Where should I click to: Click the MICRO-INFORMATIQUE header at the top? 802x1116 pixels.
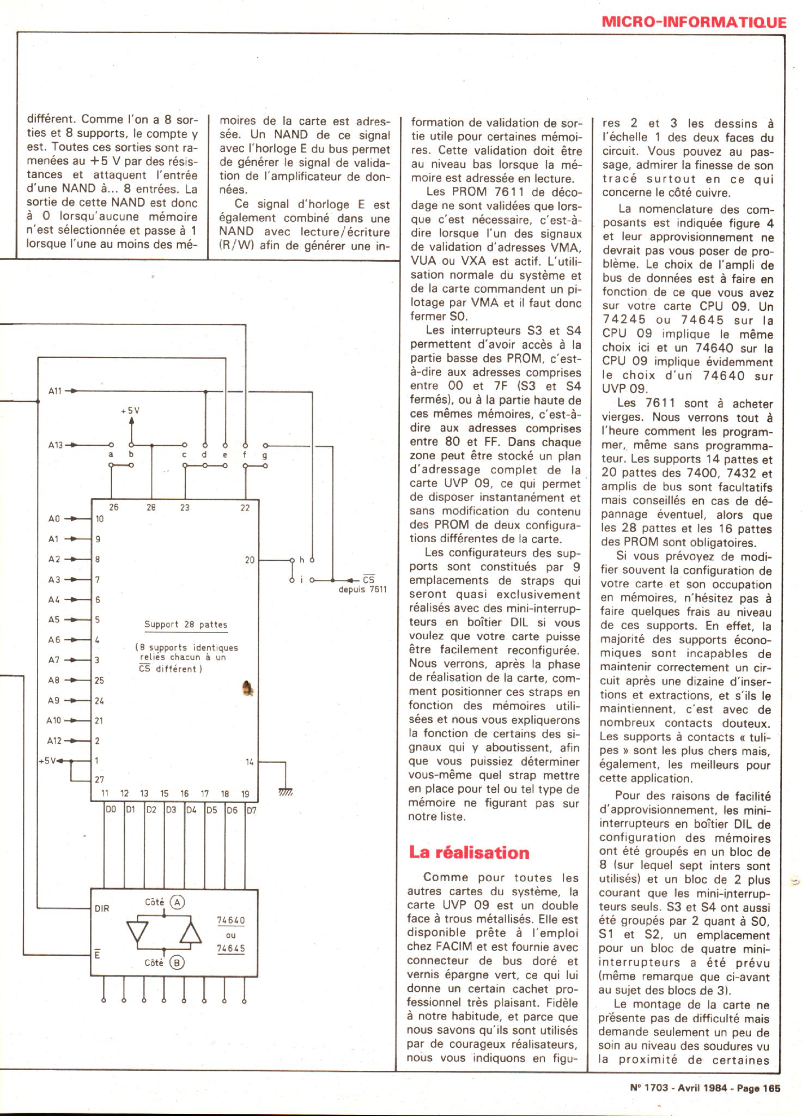point(694,22)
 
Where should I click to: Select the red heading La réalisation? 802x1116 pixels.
point(469,852)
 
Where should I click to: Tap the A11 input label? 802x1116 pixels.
point(56,391)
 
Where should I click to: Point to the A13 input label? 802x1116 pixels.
point(56,445)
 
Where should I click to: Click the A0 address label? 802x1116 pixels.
point(54,519)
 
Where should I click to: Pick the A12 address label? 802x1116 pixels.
point(54,741)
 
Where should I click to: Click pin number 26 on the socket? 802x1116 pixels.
point(113,507)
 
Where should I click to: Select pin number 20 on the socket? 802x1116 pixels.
point(250,560)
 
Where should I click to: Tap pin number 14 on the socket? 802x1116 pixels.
point(250,762)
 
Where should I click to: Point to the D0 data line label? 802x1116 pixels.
point(111,810)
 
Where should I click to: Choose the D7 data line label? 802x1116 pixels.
point(251,810)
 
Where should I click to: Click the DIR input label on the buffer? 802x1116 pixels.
point(102,908)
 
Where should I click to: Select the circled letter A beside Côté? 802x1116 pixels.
point(177,902)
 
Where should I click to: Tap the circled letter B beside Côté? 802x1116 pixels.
point(177,963)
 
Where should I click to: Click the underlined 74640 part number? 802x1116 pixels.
point(231,920)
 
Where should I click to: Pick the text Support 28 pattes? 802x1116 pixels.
point(186,624)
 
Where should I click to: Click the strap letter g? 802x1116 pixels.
point(265,454)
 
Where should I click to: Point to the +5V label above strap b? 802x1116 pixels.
point(130,410)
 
